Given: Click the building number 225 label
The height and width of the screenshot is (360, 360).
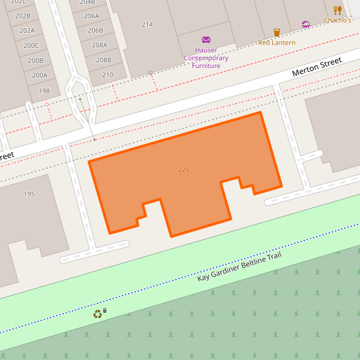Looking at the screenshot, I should pos(183,170).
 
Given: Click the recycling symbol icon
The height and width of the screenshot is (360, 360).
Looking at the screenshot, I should pos(98,314).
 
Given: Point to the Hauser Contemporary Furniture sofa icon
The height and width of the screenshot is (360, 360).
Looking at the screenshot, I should pos(206,39).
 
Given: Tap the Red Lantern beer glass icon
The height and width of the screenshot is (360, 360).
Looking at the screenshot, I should pos(276,32).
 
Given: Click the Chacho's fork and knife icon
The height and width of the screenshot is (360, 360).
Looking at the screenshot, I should pos(337,10).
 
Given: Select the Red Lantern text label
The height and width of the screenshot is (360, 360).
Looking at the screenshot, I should pos(276,43).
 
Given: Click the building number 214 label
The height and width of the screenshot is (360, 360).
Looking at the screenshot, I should pos(147,24).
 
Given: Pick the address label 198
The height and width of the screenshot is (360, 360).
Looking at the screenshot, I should pos(44,91).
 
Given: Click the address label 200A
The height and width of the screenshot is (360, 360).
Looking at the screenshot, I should pos(39,75).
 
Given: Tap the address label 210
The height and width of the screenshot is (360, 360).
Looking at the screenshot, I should pos(107,75).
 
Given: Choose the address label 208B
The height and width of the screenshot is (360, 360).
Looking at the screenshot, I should pos(103,60).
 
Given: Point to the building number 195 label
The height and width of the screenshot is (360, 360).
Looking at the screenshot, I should pos(29,194).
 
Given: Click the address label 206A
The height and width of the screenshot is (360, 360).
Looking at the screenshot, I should pos(92,16).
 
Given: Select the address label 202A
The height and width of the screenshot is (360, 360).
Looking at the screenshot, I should pos(27,31).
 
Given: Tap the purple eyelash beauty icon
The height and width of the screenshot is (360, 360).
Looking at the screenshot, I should pos(306,25).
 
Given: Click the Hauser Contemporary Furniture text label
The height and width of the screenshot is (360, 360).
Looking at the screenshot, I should pos(206,58).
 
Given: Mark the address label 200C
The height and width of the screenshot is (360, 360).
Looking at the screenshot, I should pos(31,45).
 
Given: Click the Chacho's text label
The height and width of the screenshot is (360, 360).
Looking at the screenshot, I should pos(337,20).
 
